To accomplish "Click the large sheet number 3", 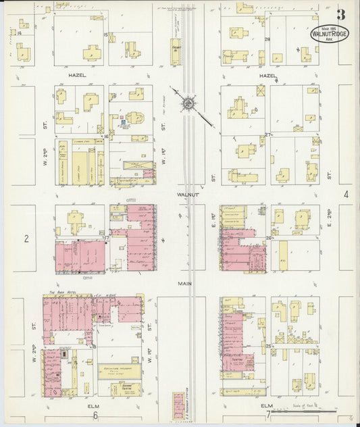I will pos(342,15).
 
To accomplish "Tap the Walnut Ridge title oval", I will pos(329,33).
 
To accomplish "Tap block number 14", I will pos(20,32).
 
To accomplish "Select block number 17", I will pos(106,238).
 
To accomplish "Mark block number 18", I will pos(94,347).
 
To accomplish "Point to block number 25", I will pos(268,347).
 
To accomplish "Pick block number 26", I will pos(268,238).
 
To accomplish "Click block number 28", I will pos(267,39).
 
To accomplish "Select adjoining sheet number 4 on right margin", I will pos(345,195).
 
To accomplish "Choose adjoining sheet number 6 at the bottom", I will pos(96,416).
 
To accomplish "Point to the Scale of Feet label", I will pos(313,405).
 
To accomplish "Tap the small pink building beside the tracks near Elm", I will pos(179,405).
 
